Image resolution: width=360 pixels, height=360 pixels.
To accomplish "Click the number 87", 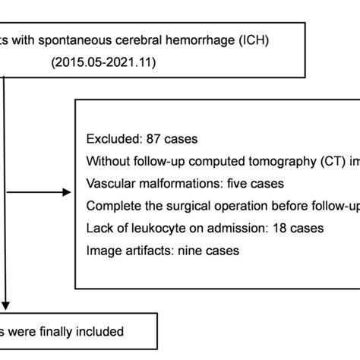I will [153, 139].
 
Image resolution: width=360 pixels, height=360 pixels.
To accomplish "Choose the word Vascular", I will [112, 184].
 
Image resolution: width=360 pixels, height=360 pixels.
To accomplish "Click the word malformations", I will [177, 184].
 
